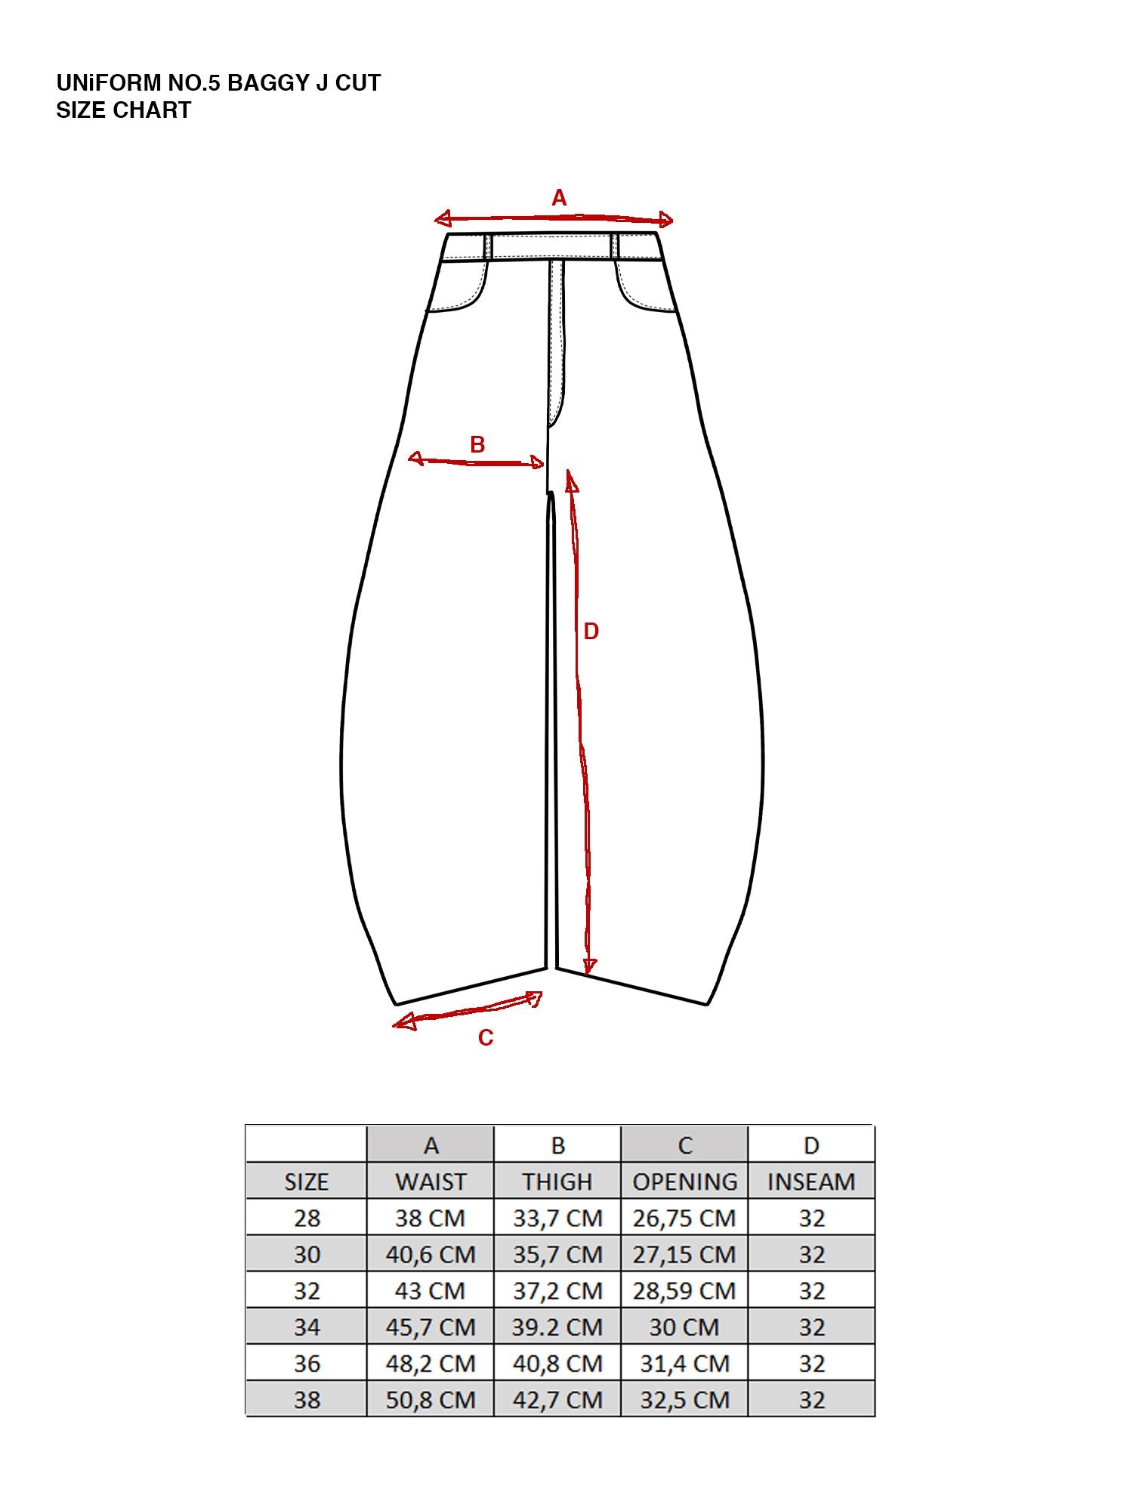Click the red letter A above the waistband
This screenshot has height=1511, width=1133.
(x=559, y=198)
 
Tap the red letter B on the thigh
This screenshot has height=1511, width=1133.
(x=477, y=444)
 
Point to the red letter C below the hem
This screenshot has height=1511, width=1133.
(x=486, y=1037)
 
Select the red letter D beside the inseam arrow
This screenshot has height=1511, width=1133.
(x=591, y=632)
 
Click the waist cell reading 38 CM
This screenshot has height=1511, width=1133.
(x=431, y=1218)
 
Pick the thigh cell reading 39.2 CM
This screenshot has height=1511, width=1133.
(x=557, y=1327)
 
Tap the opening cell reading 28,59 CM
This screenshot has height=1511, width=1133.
(x=684, y=1290)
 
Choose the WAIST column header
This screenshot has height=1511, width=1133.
(x=431, y=1182)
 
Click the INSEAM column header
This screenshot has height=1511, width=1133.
(x=811, y=1182)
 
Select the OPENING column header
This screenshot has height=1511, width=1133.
(x=684, y=1182)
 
